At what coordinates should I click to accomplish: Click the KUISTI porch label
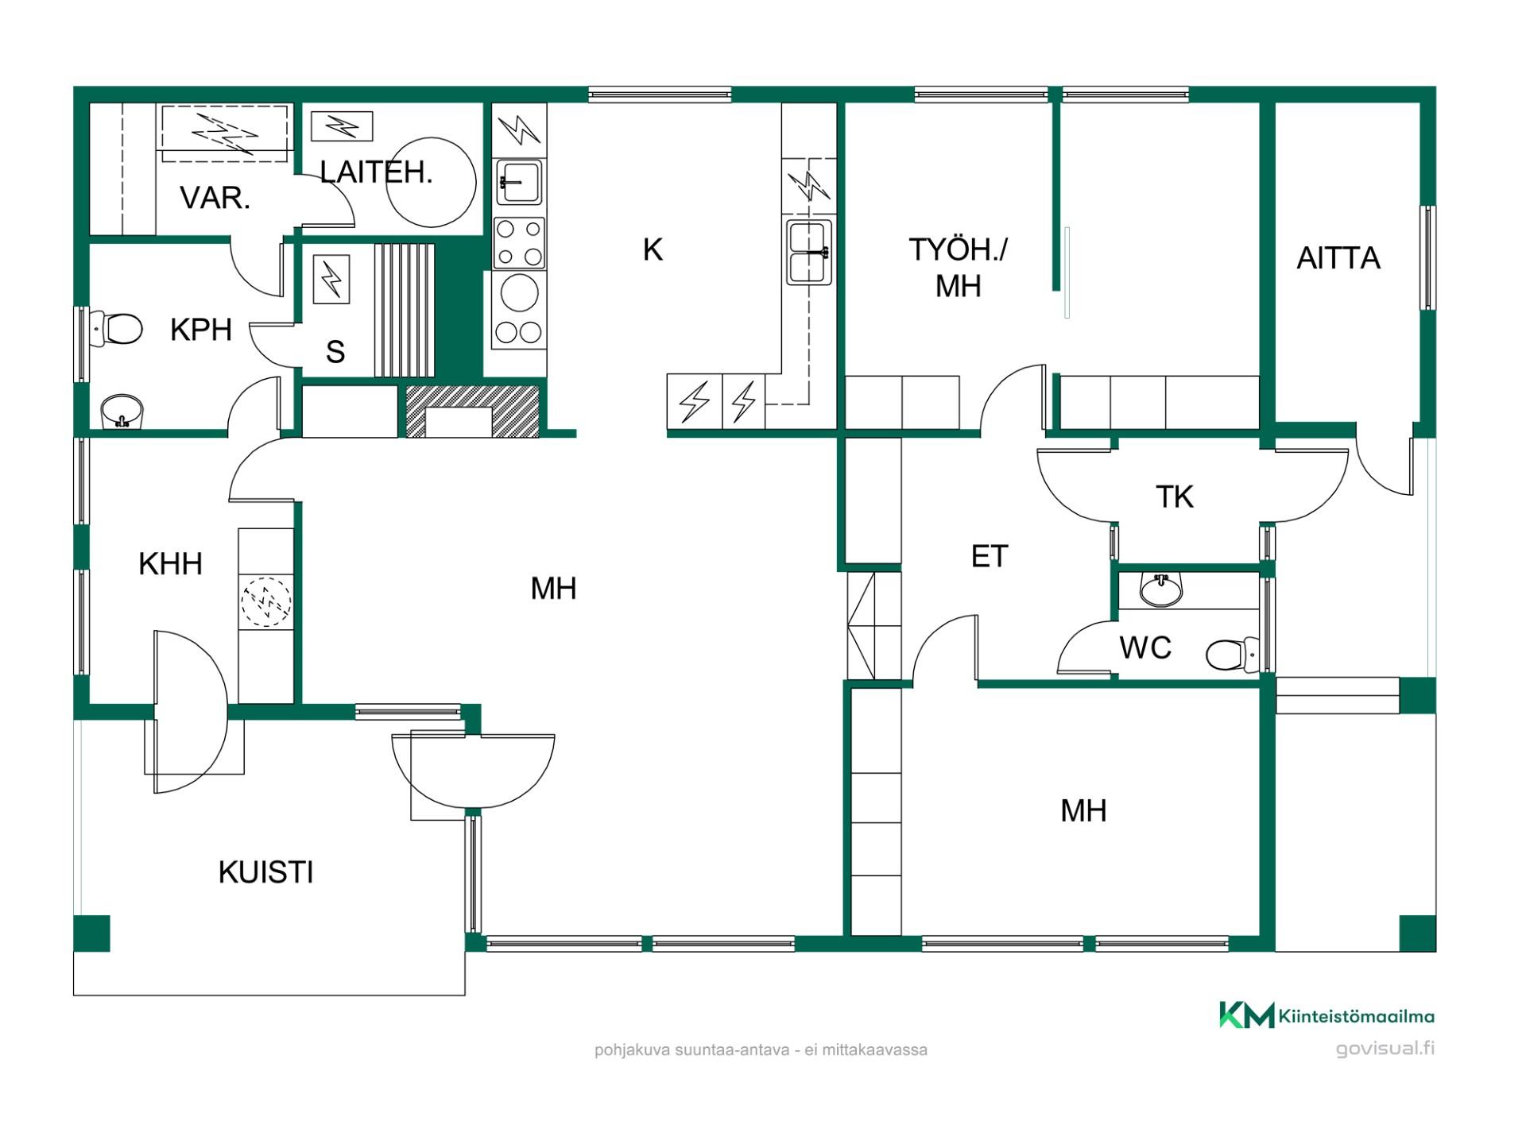pyautogui.click(x=265, y=872)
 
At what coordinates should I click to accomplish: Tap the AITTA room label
pyautogui.click(x=1338, y=258)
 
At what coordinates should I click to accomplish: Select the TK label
pyautogui.click(x=1174, y=497)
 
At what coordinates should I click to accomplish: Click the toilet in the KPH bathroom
pyautogui.click(x=116, y=327)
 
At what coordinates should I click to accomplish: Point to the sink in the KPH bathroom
pyautogui.click(x=122, y=412)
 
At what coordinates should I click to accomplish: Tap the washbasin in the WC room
pyautogui.click(x=1161, y=589)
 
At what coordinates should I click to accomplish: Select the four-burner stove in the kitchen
pyautogui.click(x=519, y=243)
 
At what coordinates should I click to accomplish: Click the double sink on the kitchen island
pyautogui.click(x=809, y=252)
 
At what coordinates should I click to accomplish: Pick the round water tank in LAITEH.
pyautogui.click(x=432, y=182)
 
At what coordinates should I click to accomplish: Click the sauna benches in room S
pyautogui.click(x=405, y=310)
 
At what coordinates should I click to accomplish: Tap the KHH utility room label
pyautogui.click(x=170, y=564)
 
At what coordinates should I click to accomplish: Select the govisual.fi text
pyautogui.click(x=1385, y=1048)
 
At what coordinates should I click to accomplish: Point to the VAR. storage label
pyautogui.click(x=215, y=198)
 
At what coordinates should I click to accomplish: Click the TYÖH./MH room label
pyautogui.click(x=958, y=268)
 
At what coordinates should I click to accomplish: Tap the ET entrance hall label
pyautogui.click(x=990, y=556)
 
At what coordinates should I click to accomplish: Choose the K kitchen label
pyautogui.click(x=653, y=249)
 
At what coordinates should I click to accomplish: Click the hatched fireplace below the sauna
pyautogui.click(x=473, y=412)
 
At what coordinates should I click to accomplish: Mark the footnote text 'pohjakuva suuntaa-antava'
pyautogui.click(x=691, y=1050)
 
